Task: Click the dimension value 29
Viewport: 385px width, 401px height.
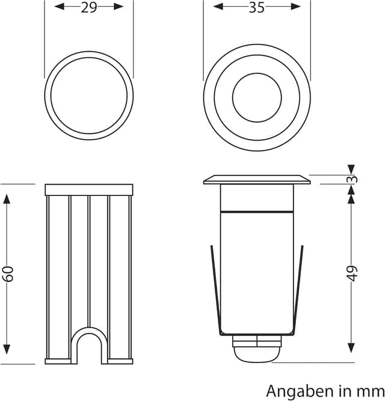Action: pyautogui.click(x=89, y=8)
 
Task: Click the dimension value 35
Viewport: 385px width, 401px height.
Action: pyautogui.click(x=257, y=8)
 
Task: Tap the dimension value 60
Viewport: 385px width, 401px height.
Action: pyautogui.click(x=9, y=274)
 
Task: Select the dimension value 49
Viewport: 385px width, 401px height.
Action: pyautogui.click(x=353, y=274)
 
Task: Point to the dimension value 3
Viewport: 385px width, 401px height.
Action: pyautogui.click(x=353, y=179)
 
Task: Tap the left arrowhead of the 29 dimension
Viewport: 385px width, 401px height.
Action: pyautogui.click(x=60, y=7)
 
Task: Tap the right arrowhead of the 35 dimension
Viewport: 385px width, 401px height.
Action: pyautogui.click(x=295, y=7)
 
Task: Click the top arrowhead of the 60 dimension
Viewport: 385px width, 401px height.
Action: pyautogui.click(x=7, y=199)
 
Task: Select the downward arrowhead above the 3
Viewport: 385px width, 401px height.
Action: pyautogui.click(x=351, y=170)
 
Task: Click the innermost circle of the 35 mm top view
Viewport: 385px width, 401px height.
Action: pyautogui.click(x=257, y=97)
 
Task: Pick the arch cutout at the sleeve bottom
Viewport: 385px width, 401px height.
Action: pyautogui.click(x=89, y=345)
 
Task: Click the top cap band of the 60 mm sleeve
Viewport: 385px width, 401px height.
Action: pyautogui.click(x=89, y=190)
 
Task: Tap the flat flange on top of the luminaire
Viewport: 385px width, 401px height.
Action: pyautogui.click(x=257, y=180)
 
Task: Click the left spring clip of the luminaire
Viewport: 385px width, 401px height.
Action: pyautogui.click(x=215, y=290)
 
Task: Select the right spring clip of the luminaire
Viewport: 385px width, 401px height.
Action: pyautogui.click(x=298, y=290)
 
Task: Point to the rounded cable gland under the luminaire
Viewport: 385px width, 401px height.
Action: pyautogui.click(x=257, y=349)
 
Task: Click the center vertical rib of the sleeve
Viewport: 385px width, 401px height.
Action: pyautogui.click(x=89, y=262)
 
